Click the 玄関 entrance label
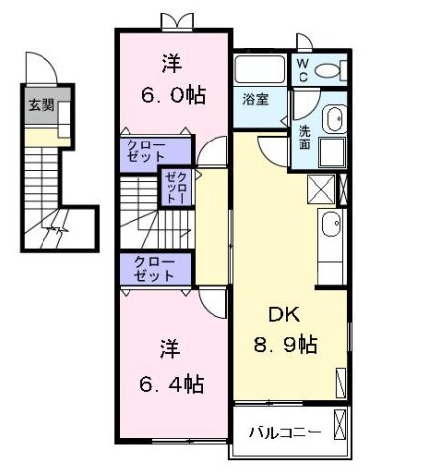coord(41,106)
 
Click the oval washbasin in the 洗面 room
coord(333,118)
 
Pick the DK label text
coord(284,314)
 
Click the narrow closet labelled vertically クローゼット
coord(176,186)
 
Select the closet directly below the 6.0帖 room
coord(152,151)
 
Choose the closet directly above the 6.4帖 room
coord(152,269)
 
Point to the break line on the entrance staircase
coord(61,232)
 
